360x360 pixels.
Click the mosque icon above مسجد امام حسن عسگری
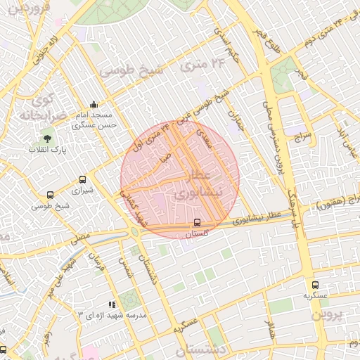(x=94, y=103)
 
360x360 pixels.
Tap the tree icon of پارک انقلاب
(x=47, y=138)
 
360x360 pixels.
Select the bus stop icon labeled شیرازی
(x=84, y=179)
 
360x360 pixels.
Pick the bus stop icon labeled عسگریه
(x=315, y=285)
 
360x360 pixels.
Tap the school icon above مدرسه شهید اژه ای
(x=112, y=302)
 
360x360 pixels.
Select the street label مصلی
(x=79, y=239)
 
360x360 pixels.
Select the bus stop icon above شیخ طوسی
(x=50, y=195)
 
